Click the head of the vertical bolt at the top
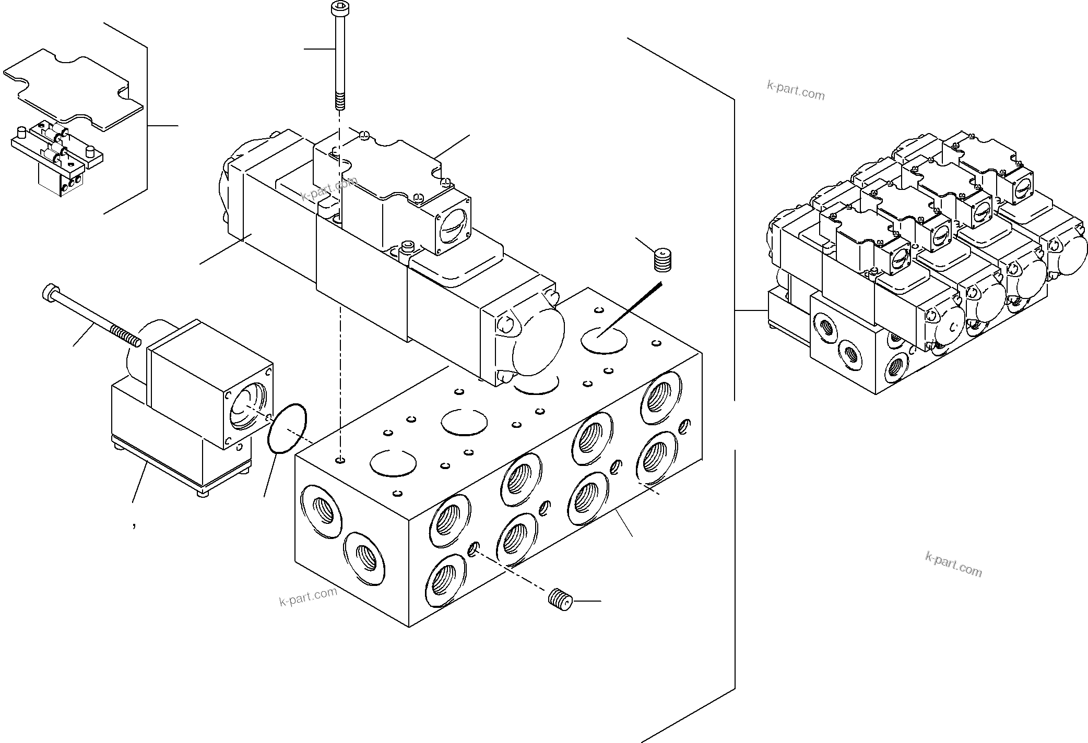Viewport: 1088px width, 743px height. click(x=338, y=8)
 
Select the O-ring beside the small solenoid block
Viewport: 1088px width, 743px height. click(x=287, y=428)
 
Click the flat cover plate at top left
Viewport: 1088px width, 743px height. click(x=73, y=89)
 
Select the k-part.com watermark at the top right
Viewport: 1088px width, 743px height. click(x=795, y=91)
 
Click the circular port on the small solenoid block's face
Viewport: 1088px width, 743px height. click(x=247, y=404)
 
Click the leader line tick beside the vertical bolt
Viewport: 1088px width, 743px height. click(x=320, y=49)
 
